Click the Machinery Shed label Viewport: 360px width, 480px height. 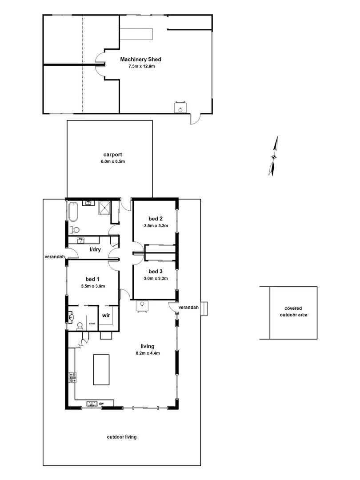tap(140, 59)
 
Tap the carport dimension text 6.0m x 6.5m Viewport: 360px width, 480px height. tap(112, 162)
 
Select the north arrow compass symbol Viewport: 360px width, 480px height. tap(274, 156)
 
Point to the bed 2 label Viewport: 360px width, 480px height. tap(156, 219)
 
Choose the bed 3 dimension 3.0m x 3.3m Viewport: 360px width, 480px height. tap(156, 279)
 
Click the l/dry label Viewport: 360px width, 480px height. tap(96, 250)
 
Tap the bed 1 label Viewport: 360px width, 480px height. tap(93, 279)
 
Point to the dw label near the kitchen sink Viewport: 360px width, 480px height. tap(101, 404)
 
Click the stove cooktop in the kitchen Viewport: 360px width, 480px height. tap(72, 378)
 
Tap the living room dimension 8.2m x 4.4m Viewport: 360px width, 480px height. tap(147, 353)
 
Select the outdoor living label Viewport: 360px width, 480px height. tap(121, 437)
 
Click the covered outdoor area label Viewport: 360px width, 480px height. tap(290, 312)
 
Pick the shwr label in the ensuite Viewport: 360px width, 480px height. tap(92, 323)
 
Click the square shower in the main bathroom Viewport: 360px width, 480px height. tap(105, 208)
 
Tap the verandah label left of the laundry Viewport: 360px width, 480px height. tap(55, 257)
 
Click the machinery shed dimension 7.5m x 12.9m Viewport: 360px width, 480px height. tap(140, 66)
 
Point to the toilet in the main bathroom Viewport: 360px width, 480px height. tap(74, 230)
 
